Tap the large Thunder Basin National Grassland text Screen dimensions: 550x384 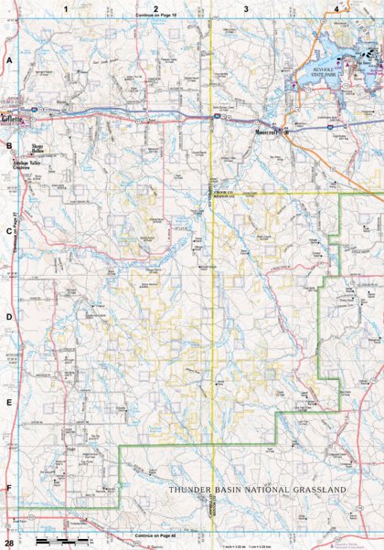point(257,491)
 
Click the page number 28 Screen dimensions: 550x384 point(8,521)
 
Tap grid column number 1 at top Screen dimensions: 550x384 point(66,8)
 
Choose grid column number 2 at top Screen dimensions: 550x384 point(156,8)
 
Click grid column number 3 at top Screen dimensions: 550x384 point(246,8)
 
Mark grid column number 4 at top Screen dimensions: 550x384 point(336,8)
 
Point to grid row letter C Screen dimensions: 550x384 point(9,231)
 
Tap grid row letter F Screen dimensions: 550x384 point(9,488)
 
